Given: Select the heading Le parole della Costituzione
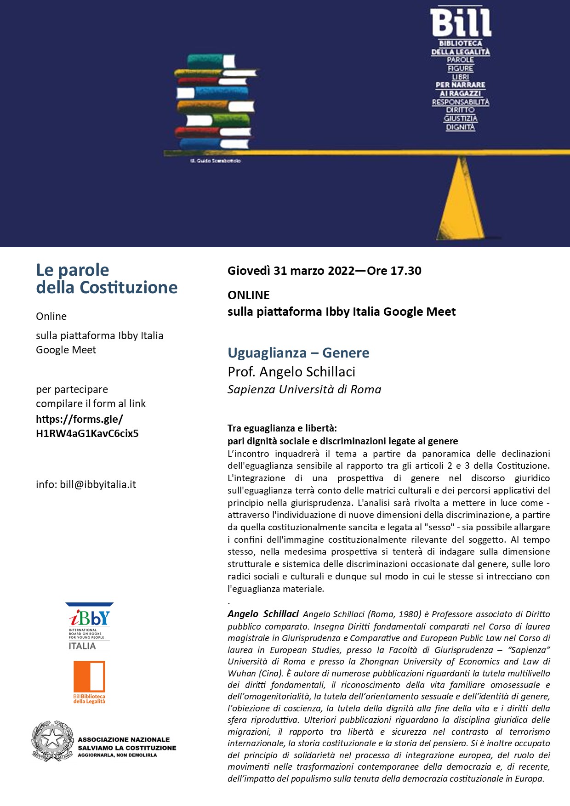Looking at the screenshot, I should point(107,278).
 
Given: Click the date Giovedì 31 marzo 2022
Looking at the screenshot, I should point(291,271).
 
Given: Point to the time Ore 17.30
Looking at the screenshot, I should point(394,271).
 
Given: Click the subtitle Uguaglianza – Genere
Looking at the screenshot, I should point(298,353).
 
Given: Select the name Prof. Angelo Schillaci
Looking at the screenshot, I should point(291,372).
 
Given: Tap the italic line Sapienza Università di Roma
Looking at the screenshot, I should point(304,390).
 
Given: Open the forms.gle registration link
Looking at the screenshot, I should point(87,426).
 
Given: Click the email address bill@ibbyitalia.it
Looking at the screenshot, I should point(98,484).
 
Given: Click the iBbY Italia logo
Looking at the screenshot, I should point(89,626).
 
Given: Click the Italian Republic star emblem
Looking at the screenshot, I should point(52,741).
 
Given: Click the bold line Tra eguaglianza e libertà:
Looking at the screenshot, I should point(282,428).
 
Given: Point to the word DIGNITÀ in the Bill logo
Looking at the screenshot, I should point(460,127).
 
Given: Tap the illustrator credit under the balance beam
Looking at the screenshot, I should point(215,161).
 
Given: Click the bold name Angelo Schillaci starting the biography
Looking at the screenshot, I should point(263,614).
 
